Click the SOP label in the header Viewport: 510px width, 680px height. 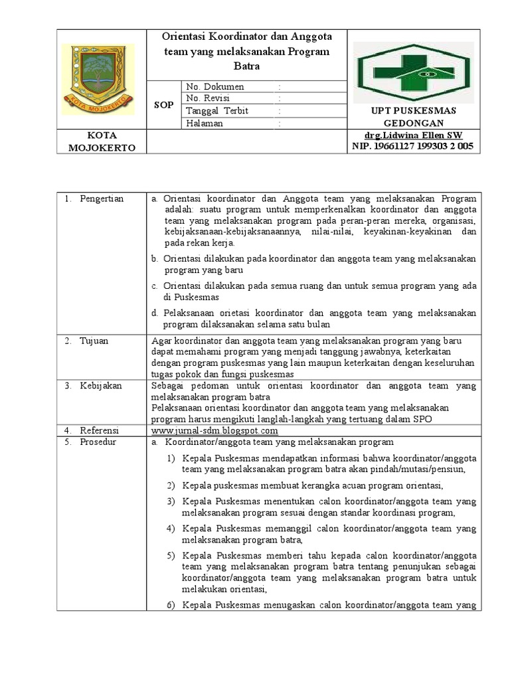[163, 105]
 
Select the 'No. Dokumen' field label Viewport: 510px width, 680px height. [215, 87]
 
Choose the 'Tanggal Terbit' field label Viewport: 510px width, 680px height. [217, 111]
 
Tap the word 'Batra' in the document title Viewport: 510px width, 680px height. [246, 66]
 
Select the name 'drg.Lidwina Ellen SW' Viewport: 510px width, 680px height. [412, 135]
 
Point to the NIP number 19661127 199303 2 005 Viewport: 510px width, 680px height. [412, 147]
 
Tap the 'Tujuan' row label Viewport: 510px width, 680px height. [94, 341]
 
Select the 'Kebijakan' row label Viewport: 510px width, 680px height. [100, 386]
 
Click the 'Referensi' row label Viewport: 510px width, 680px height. [100, 431]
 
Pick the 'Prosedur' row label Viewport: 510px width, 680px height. [98, 442]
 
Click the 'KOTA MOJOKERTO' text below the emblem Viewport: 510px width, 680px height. [102, 141]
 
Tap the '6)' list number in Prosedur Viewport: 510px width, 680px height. [170, 605]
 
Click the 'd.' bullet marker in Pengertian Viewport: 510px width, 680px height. [154, 313]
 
